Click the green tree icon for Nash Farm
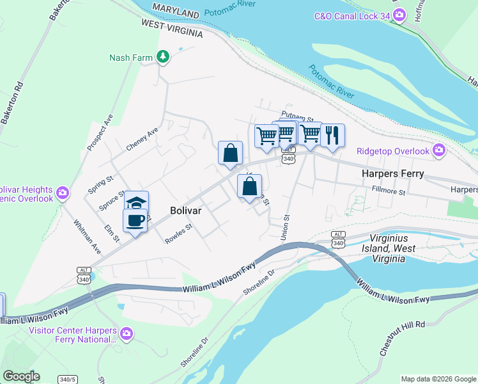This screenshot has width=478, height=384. [x=164, y=58]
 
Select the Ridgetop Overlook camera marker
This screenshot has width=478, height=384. [x=438, y=151]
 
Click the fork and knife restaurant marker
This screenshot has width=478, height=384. [x=332, y=135]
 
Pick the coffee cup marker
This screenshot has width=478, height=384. [x=135, y=221]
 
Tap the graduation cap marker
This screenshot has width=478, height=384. [x=136, y=202]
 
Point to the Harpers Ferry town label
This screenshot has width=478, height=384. [x=393, y=173]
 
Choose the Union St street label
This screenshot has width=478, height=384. [x=286, y=227]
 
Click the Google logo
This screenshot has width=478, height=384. [x=20, y=376]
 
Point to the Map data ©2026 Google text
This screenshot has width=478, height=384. [x=438, y=379]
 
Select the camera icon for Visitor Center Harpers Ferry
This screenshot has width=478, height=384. [x=127, y=333]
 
